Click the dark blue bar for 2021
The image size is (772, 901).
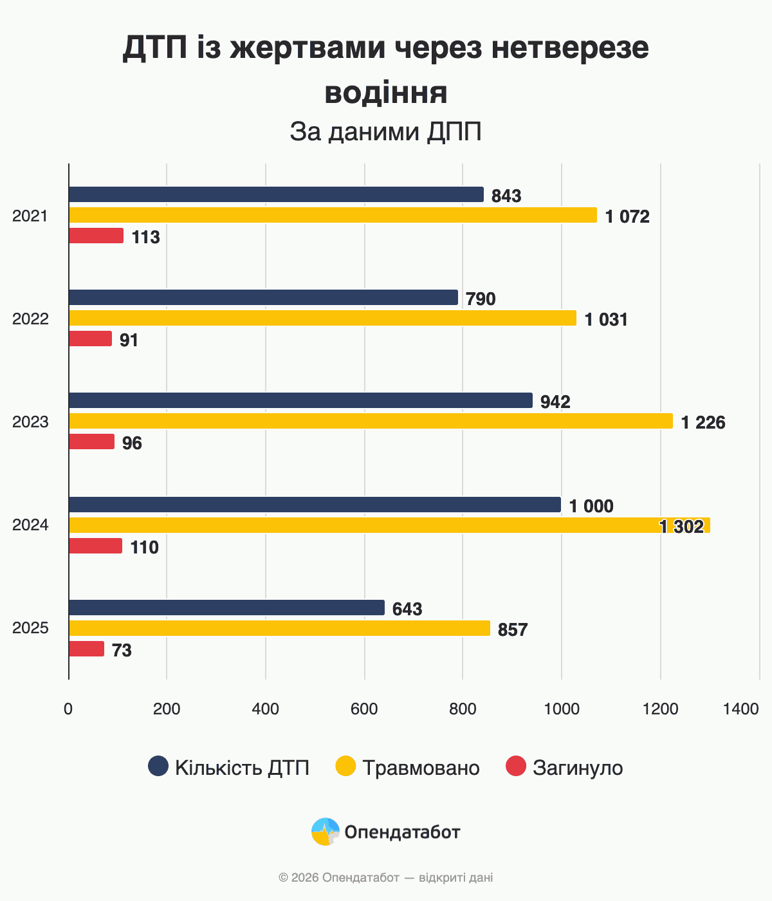pos(276,194)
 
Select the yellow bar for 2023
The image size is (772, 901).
pos(371,421)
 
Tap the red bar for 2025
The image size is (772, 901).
pos(86,649)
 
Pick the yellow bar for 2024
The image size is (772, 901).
pos(389,525)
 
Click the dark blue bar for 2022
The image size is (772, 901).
pos(263,297)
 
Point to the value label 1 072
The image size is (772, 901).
pos(627,217)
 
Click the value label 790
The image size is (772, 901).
pos(481,299)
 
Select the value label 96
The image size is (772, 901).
pos(132,443)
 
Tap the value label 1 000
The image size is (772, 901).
pos(591,506)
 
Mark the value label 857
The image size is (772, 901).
pos(513,630)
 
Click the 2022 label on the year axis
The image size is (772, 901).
pos(30,319)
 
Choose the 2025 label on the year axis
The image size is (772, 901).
pos(30,627)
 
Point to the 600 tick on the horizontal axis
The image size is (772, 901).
pos(364,709)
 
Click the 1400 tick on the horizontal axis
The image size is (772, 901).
pos(741,709)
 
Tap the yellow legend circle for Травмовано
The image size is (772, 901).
pos(346,766)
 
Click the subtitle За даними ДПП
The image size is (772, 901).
pos(385,132)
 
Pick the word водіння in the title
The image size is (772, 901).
pos(385,92)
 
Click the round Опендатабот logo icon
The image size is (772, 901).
pos(326,831)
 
